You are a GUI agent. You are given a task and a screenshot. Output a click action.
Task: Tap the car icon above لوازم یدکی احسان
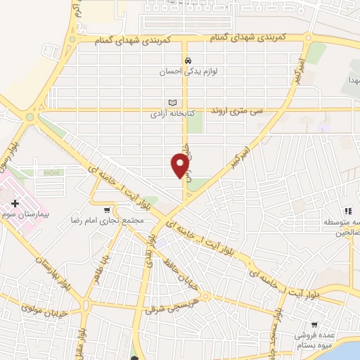[188, 60]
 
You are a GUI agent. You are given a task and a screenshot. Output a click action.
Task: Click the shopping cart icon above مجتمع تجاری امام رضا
[107, 210]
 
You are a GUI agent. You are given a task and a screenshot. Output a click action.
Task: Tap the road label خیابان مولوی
[44, 310]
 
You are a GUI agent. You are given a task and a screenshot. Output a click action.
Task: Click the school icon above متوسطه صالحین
[347, 211]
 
